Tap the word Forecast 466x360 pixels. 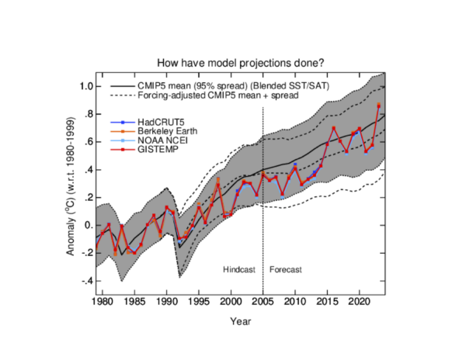(285, 269)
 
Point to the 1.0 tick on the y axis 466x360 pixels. (85, 86)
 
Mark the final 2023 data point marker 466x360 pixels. (378, 105)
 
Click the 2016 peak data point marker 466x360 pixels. (334, 128)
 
